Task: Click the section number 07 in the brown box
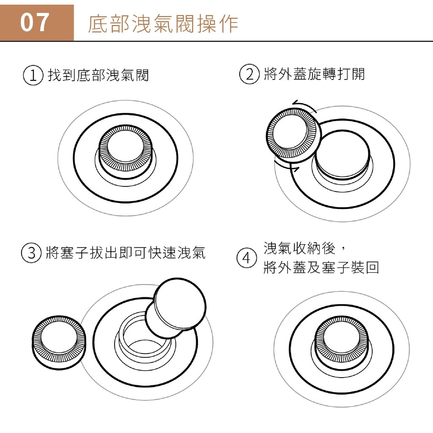(x=35, y=22)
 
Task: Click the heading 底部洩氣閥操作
(x=163, y=24)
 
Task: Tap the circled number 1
(x=33, y=75)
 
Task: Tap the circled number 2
(x=249, y=74)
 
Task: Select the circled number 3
(x=31, y=253)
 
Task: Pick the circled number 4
(x=247, y=258)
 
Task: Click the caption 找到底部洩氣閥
(x=98, y=75)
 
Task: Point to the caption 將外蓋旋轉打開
(x=314, y=74)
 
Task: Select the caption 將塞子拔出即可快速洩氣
(x=125, y=253)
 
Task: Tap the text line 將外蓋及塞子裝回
(x=321, y=267)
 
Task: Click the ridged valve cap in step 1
(x=126, y=152)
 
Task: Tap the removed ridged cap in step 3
(x=59, y=343)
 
